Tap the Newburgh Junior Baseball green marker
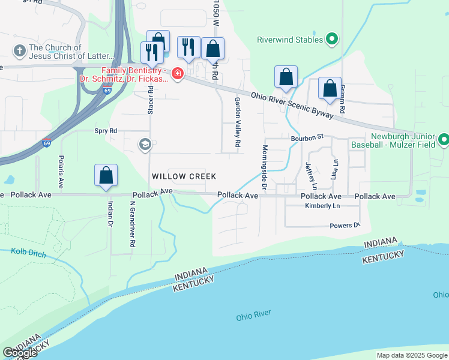[443, 140]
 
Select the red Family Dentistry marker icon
[177, 74]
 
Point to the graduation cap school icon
[145, 144]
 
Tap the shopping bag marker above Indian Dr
[106, 176]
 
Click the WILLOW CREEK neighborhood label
[183, 176]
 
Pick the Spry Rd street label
[105, 130]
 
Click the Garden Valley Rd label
[237, 122]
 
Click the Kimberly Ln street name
[322, 206]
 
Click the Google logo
[19, 353]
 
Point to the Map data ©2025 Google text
[412, 355]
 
